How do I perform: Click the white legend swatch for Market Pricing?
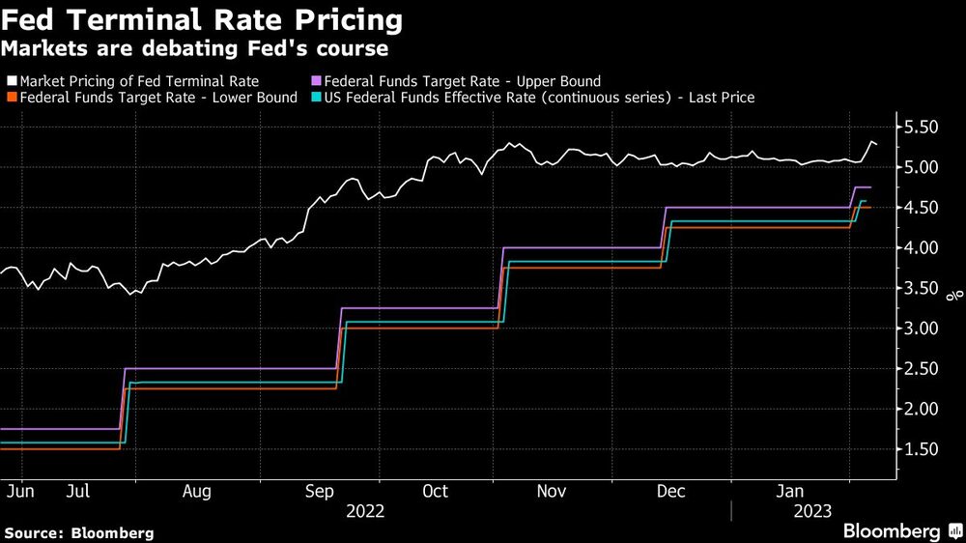click(x=11, y=82)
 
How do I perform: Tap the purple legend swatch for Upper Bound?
click(x=318, y=82)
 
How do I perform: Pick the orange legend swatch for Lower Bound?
click(x=11, y=98)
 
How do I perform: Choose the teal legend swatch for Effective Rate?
click(x=318, y=98)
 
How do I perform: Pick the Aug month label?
click(x=196, y=492)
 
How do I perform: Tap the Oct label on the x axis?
click(x=436, y=492)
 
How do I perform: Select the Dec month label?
click(x=670, y=492)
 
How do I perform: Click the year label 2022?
click(x=364, y=511)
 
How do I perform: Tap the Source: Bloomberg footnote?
click(x=79, y=532)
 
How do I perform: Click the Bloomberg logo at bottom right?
click(x=899, y=530)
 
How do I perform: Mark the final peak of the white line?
click(x=871, y=142)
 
